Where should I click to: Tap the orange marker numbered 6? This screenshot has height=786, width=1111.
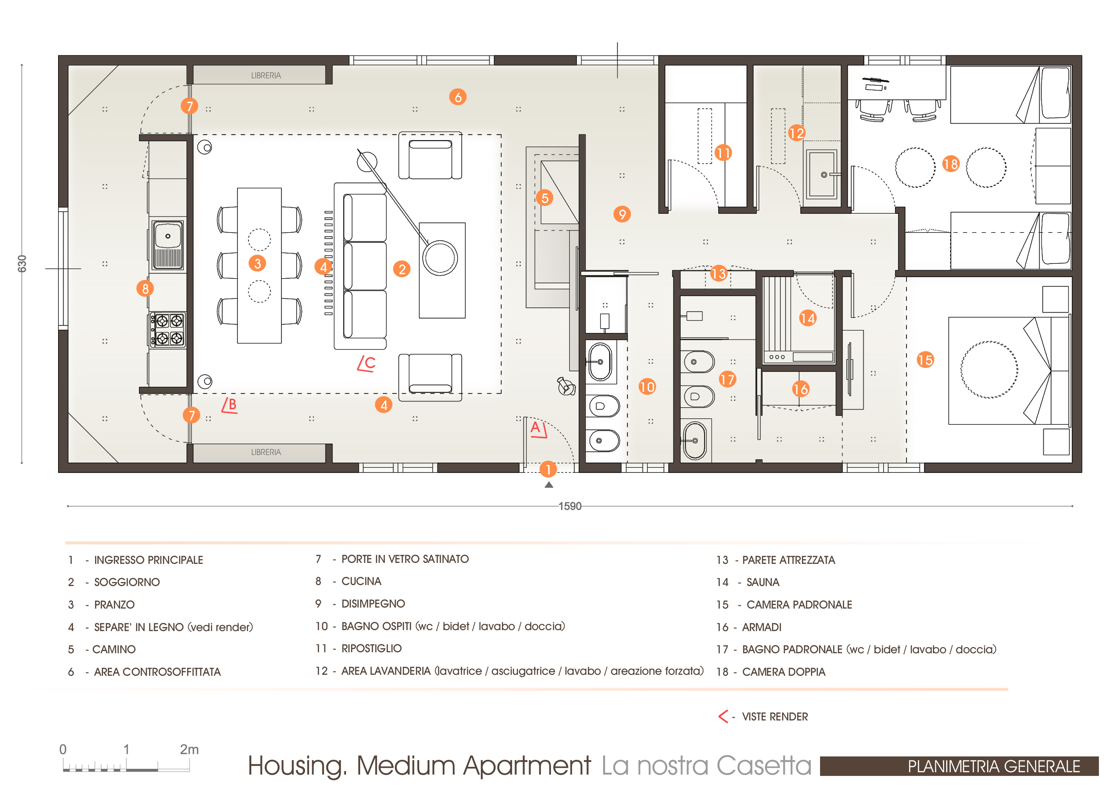pos(458,97)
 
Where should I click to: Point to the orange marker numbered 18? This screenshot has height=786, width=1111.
pos(951,164)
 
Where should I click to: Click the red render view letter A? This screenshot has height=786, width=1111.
pos(535,427)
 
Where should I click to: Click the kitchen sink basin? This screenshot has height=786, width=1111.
pos(167,236)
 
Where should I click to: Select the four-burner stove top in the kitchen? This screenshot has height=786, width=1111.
pos(167,330)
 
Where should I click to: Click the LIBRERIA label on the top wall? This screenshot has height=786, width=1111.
pos(266,76)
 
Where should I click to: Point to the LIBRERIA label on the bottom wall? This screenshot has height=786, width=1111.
pos(266,452)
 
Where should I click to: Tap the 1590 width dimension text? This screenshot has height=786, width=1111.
pos(570,506)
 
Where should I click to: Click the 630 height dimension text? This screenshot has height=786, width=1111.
pos(22,264)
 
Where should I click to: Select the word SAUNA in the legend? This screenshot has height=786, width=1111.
pos(763,582)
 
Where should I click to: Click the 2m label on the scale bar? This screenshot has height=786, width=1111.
pos(189,749)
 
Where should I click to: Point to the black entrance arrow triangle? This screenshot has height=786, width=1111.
pos(549,485)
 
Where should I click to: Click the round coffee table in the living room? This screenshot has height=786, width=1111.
pos(439,258)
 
